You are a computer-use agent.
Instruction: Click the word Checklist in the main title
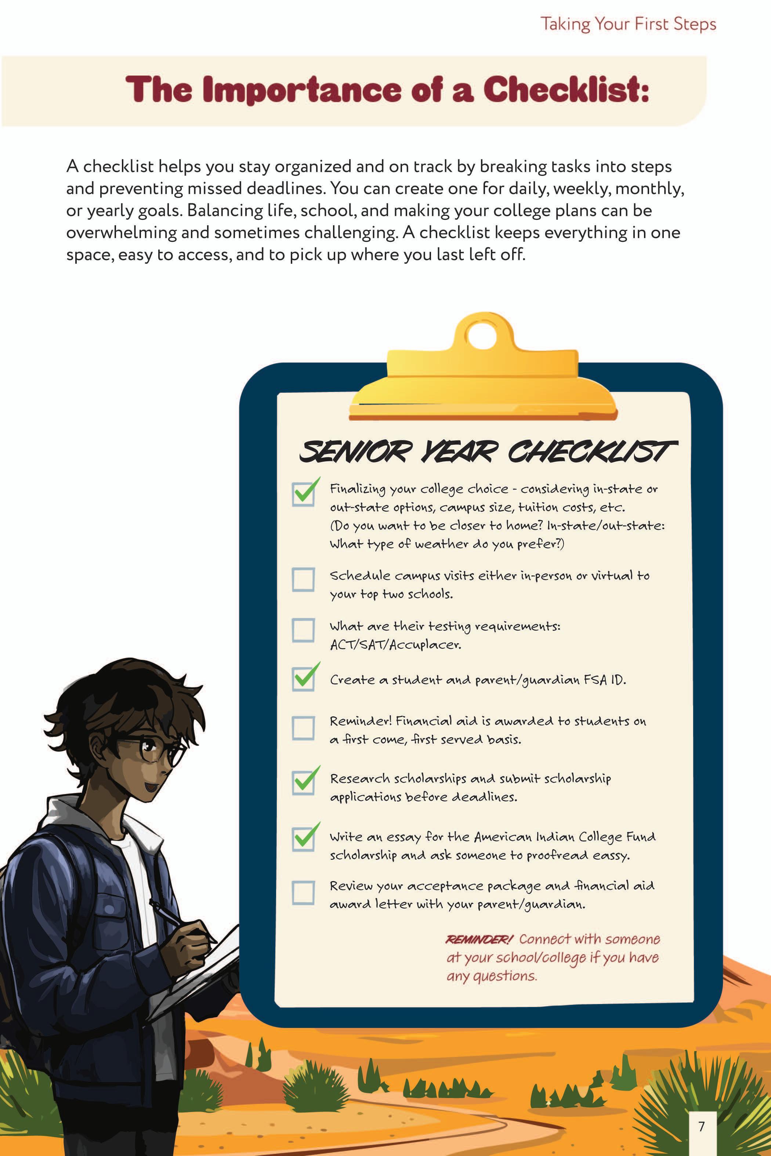point(565,90)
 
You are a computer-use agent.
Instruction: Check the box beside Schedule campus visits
point(303,579)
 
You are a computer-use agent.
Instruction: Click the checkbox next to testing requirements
point(303,630)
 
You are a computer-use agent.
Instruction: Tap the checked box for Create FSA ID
point(303,679)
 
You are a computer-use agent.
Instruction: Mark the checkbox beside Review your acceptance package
point(303,893)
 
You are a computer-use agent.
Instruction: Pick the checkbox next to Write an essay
point(303,839)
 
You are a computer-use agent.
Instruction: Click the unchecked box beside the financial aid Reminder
point(303,728)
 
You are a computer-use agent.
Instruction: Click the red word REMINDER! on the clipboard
point(479,939)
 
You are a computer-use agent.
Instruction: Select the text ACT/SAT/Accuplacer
point(395,644)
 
